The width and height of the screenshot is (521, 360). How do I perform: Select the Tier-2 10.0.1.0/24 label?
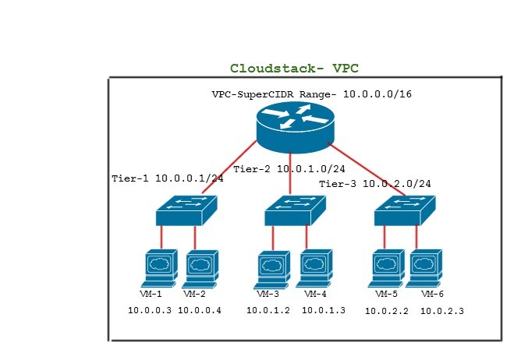click(289, 168)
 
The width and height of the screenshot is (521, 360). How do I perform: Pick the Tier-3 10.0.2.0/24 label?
click(375, 184)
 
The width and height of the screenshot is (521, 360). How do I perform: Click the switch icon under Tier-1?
click(185, 209)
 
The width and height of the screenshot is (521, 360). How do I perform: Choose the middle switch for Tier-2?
click(294, 209)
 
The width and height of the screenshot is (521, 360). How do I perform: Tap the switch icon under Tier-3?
click(403, 209)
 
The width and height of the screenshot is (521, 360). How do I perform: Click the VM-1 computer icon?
click(159, 268)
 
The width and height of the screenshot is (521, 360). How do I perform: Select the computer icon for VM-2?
click(200, 268)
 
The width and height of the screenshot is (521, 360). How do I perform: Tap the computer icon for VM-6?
click(427, 268)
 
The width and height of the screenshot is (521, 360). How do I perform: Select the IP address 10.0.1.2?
click(268, 311)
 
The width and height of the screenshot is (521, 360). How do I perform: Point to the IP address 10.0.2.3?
click(442, 312)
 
